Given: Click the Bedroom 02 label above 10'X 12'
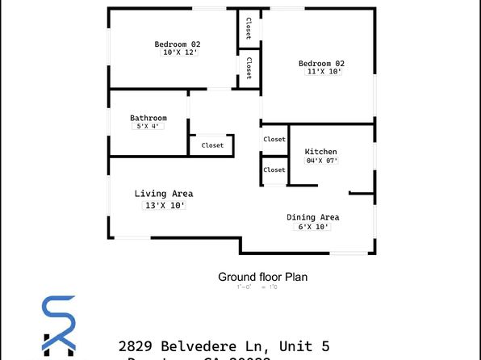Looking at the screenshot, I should (178, 44).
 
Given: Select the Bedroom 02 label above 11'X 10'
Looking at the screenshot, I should (321, 64).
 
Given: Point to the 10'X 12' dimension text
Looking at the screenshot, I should (180, 52).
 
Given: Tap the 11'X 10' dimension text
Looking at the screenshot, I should (324, 72).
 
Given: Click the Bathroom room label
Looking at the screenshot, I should (148, 118).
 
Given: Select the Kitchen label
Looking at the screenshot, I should (320, 152).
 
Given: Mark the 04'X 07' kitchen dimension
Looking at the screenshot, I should (321, 161).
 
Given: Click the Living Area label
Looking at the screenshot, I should (163, 194).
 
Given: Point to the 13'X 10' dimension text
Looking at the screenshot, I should (165, 206).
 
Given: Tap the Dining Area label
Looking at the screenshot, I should (313, 217).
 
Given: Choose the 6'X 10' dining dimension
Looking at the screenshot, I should (314, 227).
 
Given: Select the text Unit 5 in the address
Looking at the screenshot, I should (302, 346).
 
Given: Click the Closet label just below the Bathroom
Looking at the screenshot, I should (212, 145).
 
